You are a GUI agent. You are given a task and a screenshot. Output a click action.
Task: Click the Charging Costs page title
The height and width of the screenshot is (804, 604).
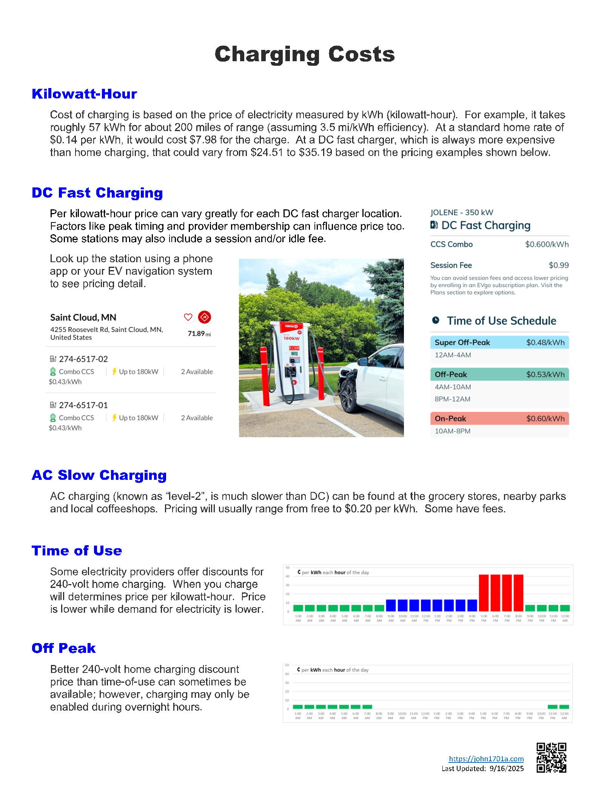coord(305,54)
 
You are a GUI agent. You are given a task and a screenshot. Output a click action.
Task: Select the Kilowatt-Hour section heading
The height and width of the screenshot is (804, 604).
coord(84,94)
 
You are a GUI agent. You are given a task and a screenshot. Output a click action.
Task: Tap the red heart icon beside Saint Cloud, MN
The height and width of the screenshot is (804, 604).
coord(188,317)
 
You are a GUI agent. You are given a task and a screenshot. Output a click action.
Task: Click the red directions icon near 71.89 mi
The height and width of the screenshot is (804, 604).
coord(205,317)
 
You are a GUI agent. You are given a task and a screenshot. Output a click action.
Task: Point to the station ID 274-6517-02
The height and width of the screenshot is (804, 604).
coord(83,359)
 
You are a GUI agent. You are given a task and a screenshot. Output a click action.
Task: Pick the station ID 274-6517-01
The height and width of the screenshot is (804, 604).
coord(83,405)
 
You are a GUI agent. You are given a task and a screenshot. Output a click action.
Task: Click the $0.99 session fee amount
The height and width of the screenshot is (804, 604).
coord(558,265)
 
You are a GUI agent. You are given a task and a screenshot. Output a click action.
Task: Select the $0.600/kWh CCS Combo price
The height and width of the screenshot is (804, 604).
coord(547,244)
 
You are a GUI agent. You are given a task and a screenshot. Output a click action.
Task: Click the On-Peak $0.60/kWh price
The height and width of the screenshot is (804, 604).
coord(545,419)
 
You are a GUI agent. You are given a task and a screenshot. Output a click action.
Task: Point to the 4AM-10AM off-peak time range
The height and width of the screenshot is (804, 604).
coord(453,387)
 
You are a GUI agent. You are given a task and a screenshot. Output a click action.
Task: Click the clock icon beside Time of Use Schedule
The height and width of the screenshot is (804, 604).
coord(436,320)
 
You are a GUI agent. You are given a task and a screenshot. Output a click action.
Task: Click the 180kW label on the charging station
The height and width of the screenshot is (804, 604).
coord(291,338)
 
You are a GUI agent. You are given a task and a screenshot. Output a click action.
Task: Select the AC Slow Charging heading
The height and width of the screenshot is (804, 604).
coord(99,475)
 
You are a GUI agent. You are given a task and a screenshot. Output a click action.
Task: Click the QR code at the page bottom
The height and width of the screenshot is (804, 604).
coord(551,758)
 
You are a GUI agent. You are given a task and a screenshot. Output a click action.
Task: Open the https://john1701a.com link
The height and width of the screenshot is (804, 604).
coord(486,759)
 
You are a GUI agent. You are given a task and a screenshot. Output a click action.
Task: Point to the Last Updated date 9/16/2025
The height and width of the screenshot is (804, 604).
coord(506,768)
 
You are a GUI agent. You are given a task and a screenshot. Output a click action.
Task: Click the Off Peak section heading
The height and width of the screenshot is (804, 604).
coord(63,648)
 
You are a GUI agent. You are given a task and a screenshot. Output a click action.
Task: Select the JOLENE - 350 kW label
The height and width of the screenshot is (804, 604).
coord(462,213)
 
